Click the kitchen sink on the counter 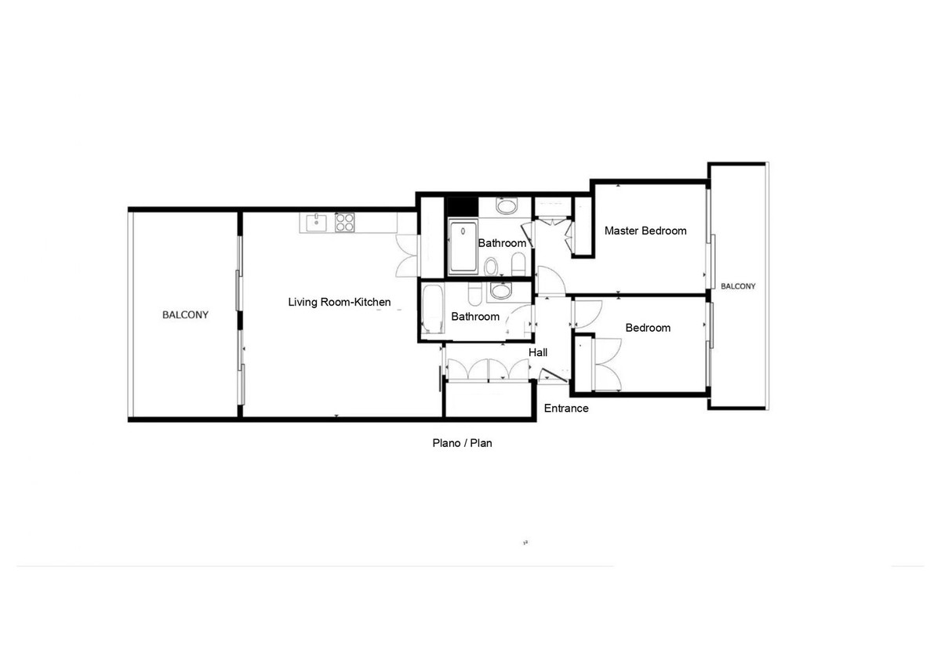316,222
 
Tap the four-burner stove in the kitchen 344,222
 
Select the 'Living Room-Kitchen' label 339,302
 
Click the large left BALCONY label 185,315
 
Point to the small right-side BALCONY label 738,286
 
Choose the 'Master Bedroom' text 645,231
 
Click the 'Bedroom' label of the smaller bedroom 648,328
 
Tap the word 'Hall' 538,353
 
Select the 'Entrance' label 566,409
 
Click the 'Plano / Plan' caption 462,443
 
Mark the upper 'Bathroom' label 502,243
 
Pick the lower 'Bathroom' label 475,317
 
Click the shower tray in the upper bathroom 463,247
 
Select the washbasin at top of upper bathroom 507,207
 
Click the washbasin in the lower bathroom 500,292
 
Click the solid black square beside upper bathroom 461,206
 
